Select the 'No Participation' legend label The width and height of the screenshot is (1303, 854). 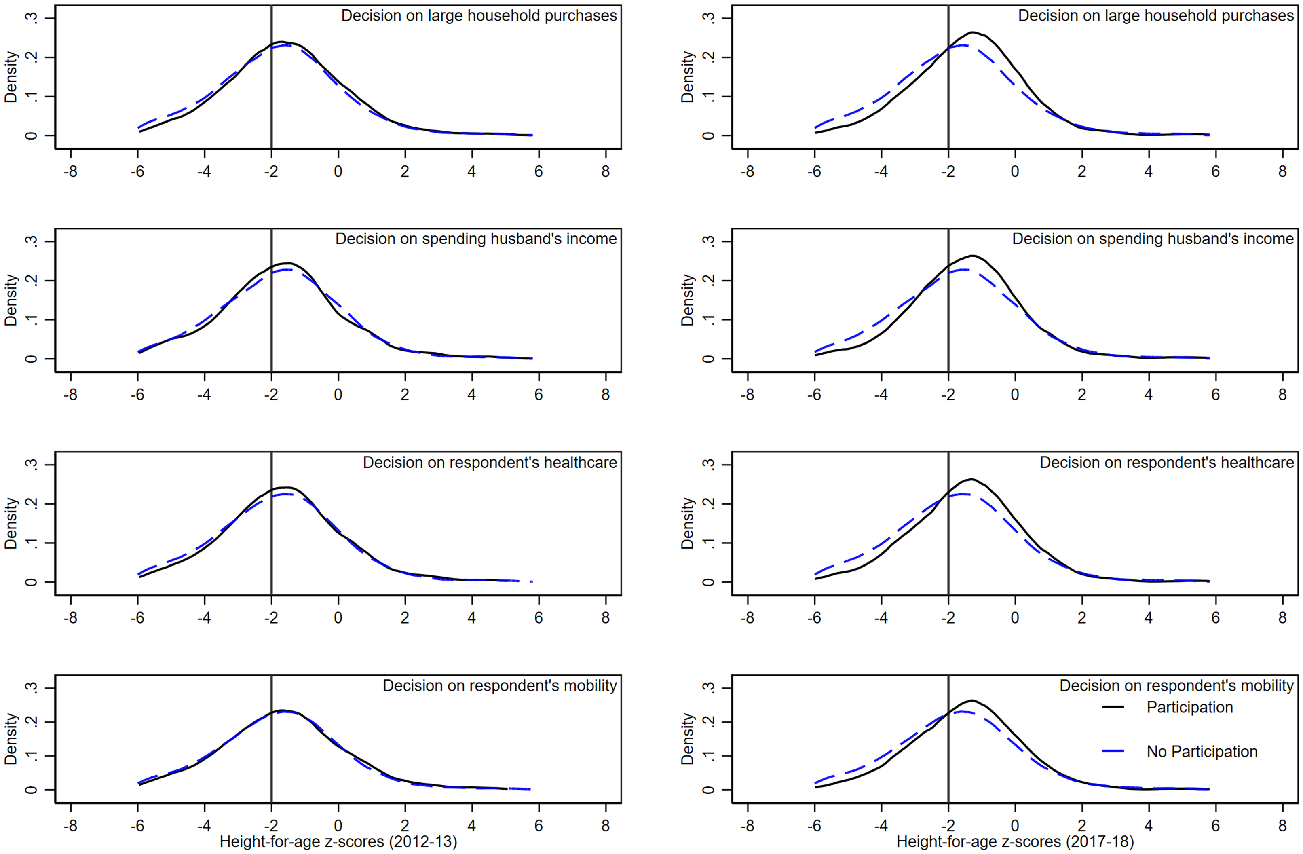[x=1202, y=752]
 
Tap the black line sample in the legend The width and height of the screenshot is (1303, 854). [x=1113, y=707]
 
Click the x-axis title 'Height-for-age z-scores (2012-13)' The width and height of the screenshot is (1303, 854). [x=338, y=841]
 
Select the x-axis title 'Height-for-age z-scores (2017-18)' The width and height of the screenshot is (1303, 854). [x=1014, y=841]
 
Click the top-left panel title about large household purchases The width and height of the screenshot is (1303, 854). [x=479, y=16]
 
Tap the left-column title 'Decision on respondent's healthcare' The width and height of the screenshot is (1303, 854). [x=490, y=463]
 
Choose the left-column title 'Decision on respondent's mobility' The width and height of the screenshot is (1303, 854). [x=499, y=685]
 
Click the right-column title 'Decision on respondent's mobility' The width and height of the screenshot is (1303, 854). [x=1176, y=685]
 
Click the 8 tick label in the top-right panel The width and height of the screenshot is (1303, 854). [x=1282, y=172]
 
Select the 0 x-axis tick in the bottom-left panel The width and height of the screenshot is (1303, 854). [x=338, y=826]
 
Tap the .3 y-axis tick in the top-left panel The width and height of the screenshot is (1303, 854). [x=33, y=18]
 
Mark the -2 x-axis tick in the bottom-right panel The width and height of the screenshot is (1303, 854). [x=948, y=826]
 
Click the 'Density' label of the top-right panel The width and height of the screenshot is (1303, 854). [x=688, y=77]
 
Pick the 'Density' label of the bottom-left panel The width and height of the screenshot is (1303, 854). [x=11, y=738]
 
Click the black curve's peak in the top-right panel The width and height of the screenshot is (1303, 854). [x=973, y=32]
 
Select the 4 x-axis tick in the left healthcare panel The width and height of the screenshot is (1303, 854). [x=471, y=618]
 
